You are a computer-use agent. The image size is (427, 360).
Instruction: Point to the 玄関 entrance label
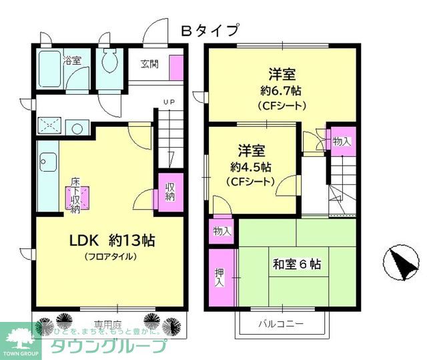pyautogui.click(x=150, y=64)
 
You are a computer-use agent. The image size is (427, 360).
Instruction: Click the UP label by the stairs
pyautogui.click(x=168, y=102)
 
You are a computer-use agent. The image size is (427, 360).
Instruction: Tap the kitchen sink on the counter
pyautogui.click(x=47, y=161)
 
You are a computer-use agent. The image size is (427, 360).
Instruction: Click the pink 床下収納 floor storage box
pyautogui.click(x=75, y=196)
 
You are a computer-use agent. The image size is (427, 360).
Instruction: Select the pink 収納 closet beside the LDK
pyautogui.click(x=170, y=191)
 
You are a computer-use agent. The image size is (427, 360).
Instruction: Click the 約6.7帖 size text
pyautogui.click(x=282, y=90)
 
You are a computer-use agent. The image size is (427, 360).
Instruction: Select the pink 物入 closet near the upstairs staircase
pyautogui.click(x=342, y=141)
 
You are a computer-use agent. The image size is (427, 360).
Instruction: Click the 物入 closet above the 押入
pyautogui.click(x=222, y=231)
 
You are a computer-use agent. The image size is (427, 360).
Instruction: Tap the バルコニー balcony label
pyautogui.click(x=282, y=324)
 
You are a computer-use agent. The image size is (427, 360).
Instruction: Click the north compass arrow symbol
pyautogui.click(x=399, y=262)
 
